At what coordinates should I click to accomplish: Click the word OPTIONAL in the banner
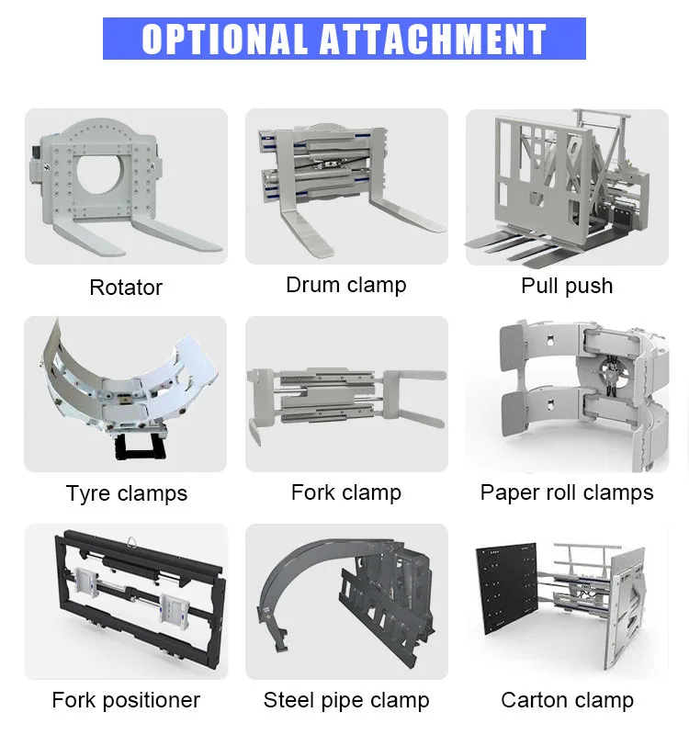(x=224, y=39)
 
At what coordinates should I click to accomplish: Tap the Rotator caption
(x=126, y=288)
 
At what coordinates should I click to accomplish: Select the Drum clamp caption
(x=346, y=285)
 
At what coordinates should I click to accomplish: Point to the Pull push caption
(x=567, y=286)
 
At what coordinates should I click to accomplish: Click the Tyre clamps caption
(x=127, y=493)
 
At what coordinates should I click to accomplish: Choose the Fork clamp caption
(x=346, y=492)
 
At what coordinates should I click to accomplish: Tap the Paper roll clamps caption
(x=567, y=492)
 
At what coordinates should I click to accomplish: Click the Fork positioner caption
(x=126, y=700)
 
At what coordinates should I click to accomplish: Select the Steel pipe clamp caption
(x=346, y=700)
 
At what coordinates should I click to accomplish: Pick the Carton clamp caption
(x=567, y=700)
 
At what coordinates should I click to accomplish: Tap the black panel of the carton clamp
(x=506, y=588)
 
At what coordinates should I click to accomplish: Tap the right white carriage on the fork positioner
(x=174, y=609)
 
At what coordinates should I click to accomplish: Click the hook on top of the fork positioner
(x=132, y=541)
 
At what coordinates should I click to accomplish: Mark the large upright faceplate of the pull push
(x=544, y=180)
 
